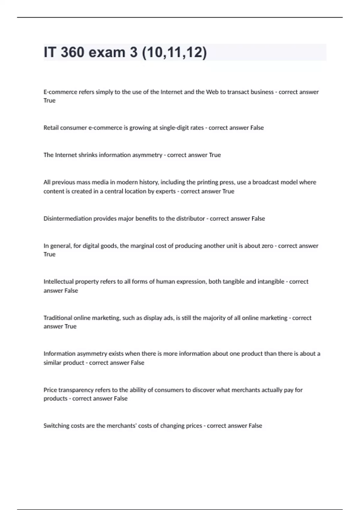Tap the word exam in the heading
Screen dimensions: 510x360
click(107, 52)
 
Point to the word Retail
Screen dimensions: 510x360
click(51, 128)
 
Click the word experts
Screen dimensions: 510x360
click(166, 191)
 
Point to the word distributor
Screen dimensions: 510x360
click(190, 219)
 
